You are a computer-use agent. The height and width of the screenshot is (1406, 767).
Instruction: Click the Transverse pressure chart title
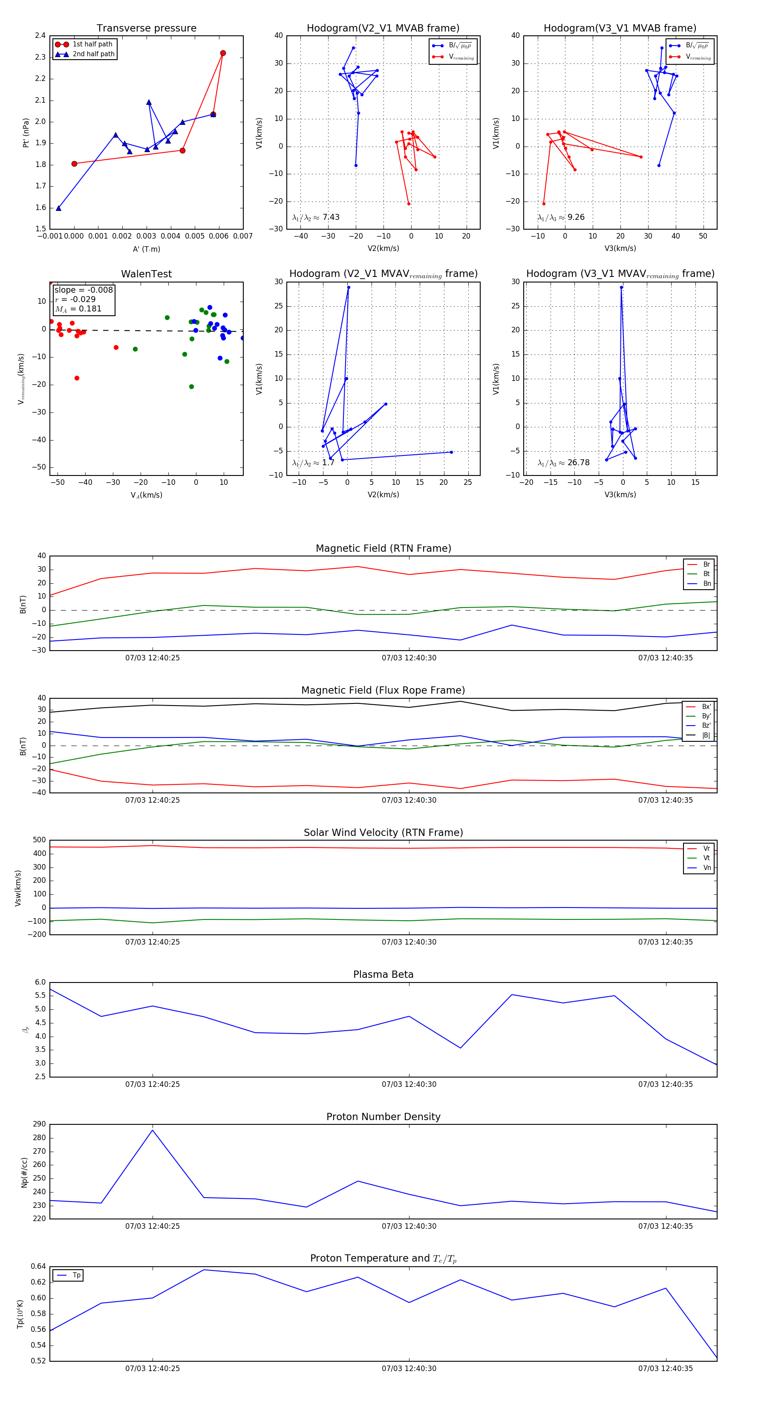coord(146,29)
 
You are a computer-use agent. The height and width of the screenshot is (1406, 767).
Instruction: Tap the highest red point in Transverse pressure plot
coord(223,53)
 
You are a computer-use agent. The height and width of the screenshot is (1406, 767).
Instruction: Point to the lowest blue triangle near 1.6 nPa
coord(58,208)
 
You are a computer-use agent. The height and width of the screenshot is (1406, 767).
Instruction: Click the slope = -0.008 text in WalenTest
coord(84,290)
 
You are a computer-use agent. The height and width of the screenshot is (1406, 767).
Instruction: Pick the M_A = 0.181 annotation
coord(78,309)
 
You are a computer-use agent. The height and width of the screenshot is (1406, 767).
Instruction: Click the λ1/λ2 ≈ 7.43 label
coord(315,217)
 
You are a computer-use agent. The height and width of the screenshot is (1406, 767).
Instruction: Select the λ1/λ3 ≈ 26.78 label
coord(563,463)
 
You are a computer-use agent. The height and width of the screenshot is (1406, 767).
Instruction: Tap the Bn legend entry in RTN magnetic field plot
coord(706,583)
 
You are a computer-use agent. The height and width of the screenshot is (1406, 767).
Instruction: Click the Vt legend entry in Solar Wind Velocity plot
coord(706,858)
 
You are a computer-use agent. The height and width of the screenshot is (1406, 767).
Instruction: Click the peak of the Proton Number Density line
coord(152,1130)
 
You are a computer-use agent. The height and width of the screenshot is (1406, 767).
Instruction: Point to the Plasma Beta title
coord(383,974)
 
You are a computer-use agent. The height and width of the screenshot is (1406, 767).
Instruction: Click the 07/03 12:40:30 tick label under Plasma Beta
coord(409,1084)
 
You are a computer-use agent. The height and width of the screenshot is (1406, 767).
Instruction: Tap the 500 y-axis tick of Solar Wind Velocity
coord(39,840)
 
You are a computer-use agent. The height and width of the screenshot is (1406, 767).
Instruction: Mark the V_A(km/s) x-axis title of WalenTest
coord(146,495)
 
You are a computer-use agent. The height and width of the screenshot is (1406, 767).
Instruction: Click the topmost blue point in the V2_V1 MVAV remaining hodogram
coord(348,288)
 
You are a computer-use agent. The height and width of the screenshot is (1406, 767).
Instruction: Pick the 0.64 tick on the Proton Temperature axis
coord(38,1266)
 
